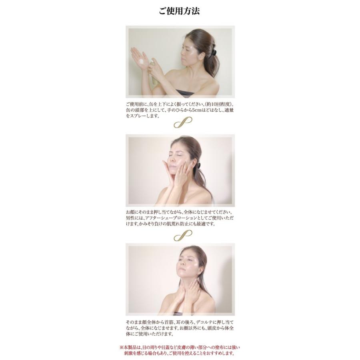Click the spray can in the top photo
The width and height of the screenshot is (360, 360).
click(154, 72)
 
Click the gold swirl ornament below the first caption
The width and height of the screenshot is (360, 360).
click(182, 122)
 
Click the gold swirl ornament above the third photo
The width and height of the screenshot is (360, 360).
click(182, 236)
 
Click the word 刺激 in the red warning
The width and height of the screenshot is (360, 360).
click(130, 354)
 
